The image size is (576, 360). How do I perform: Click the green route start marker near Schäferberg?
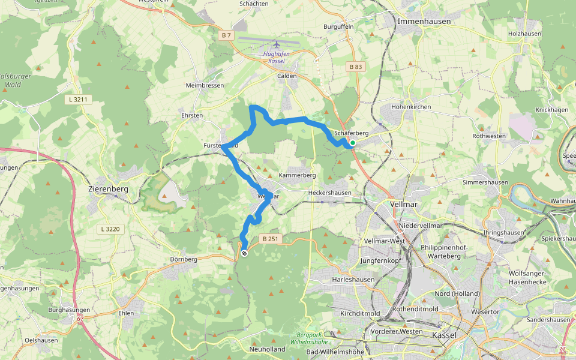point(353,142)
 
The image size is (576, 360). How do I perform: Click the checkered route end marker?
point(244,254)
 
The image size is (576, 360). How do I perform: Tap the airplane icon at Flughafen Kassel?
point(276,44)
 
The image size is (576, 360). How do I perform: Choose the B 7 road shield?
point(226,35)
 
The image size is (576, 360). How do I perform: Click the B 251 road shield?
point(269,239)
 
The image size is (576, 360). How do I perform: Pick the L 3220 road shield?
point(110,229)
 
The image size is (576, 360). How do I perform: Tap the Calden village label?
point(287,76)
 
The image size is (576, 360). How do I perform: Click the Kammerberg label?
point(297,175)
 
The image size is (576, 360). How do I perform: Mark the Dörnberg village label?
point(183,259)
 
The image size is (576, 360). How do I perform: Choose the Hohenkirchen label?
point(411,107)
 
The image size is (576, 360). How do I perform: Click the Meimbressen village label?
point(205,86)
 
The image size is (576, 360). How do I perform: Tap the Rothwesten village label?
point(489,136)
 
